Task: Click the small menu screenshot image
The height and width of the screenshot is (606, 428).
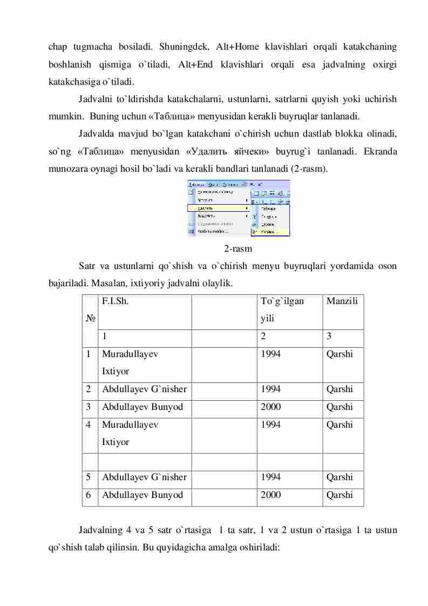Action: (x=238, y=208)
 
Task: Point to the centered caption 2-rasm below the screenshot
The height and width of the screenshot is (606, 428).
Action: (x=238, y=249)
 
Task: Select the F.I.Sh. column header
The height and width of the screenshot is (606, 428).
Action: (x=114, y=301)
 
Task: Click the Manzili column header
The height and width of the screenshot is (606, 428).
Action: (x=342, y=301)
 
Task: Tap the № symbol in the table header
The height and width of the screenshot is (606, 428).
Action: (x=90, y=319)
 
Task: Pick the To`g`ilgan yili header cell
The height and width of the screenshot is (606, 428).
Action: (x=282, y=309)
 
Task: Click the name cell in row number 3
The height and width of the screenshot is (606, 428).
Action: (x=142, y=407)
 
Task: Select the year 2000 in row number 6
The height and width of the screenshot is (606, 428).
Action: (x=270, y=495)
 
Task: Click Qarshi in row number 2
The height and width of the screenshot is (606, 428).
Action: (x=339, y=389)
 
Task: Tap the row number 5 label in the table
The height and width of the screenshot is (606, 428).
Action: (x=87, y=477)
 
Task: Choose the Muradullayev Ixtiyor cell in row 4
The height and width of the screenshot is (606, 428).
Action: (x=130, y=433)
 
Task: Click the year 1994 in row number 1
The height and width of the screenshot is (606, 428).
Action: (x=270, y=354)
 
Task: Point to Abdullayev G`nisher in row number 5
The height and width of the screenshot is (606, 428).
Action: (x=144, y=477)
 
